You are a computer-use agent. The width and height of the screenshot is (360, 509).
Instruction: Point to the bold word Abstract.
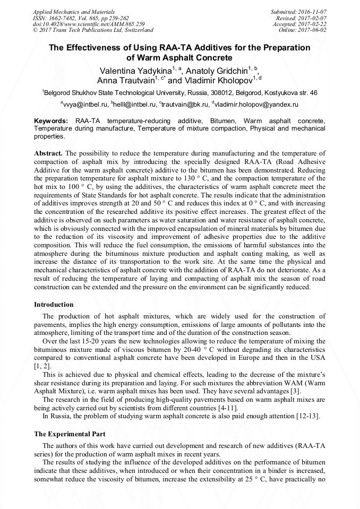pos(48,153)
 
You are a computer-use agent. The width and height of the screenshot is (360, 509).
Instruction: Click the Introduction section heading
pos(54,305)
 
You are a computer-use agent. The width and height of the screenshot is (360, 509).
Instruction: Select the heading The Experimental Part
pos(70,434)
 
